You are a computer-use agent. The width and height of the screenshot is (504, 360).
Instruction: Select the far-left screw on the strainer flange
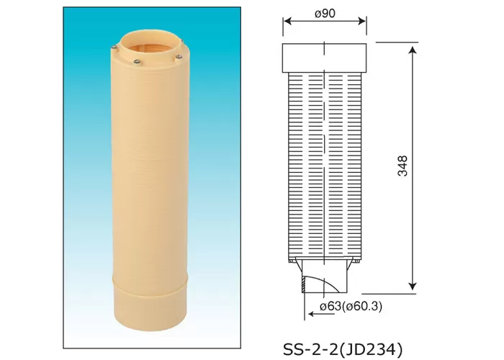(x=117, y=48)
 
